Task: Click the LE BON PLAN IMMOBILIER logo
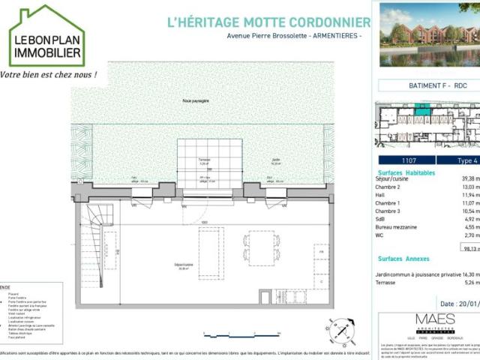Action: (46, 36)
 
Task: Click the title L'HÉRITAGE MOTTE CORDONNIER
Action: (268, 22)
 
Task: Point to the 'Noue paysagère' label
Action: (195, 100)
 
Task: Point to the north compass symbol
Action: (341, 329)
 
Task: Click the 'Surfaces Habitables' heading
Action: (406, 171)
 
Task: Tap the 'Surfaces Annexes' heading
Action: (403, 258)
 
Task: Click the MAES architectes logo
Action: (435, 322)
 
